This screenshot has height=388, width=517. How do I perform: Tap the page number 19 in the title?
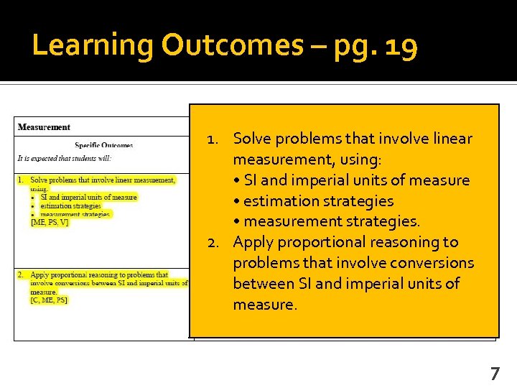pos(401,46)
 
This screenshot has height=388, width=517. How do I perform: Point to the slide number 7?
pos(495,373)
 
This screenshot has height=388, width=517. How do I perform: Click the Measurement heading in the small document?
pos(44,127)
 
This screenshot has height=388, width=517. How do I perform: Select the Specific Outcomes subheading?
pos(103,145)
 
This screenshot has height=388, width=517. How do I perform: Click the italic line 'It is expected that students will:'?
pos(65,158)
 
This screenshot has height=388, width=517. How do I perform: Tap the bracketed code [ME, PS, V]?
pos(50,223)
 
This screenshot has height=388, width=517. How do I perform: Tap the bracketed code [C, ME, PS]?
pos(49,300)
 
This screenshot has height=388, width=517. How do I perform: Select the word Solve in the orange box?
pos(253,138)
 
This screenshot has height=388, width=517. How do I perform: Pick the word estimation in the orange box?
pos(281,200)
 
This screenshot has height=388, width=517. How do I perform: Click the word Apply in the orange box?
pos(253,242)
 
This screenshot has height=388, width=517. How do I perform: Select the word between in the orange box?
pos(263,284)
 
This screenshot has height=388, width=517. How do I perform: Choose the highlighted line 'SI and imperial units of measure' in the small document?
pos(88,197)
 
